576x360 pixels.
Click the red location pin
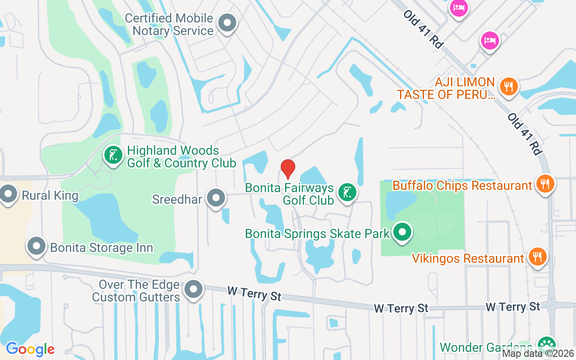click(288, 169)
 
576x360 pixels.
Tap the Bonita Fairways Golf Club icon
click(347, 193)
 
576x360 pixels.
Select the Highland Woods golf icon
click(113, 155)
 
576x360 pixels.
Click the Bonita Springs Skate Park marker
click(402, 232)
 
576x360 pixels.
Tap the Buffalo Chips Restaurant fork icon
click(545, 184)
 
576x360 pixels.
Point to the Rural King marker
click(9, 194)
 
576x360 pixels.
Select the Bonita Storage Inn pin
click(36, 246)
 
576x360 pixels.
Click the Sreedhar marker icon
click(216, 198)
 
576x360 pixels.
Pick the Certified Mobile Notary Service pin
click(227, 23)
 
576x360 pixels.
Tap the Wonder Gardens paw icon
click(547, 345)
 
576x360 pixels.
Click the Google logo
click(30, 349)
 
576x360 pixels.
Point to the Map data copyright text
click(538, 354)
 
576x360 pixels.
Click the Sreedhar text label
click(176, 199)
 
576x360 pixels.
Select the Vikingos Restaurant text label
click(468, 259)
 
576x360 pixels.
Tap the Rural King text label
click(50, 196)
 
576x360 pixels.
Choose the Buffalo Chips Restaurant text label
click(462, 185)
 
